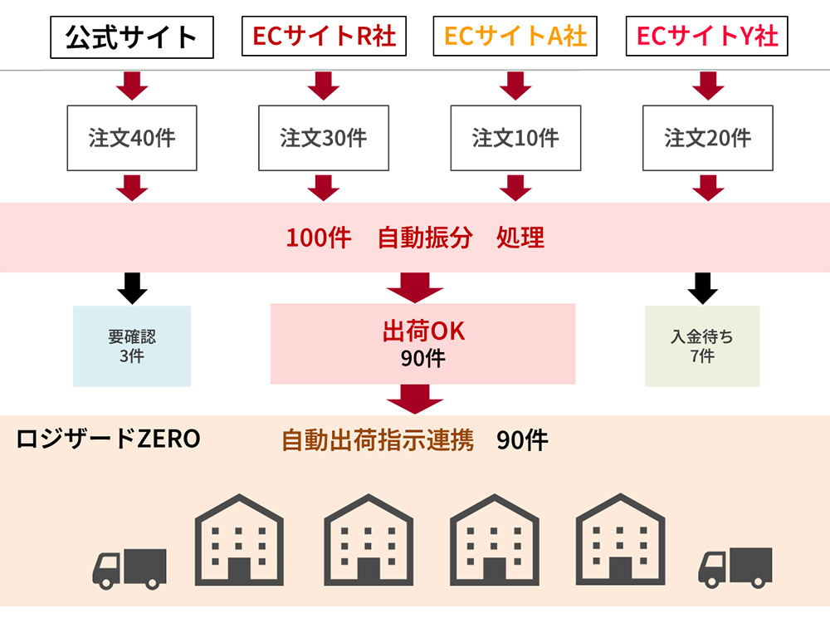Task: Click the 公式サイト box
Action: [x=131, y=37]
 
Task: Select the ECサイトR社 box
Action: [x=324, y=37]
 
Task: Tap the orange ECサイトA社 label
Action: [x=515, y=37]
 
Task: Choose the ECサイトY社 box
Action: [x=706, y=37]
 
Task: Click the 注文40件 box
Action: [x=132, y=138]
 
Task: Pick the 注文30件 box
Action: [x=324, y=138]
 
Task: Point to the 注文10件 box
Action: [x=515, y=138]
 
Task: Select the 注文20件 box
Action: [x=707, y=138]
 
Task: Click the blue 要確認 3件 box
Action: [x=132, y=346]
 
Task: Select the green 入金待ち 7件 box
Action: [x=702, y=346]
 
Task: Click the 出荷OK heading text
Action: [x=423, y=332]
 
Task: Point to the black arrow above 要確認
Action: [x=132, y=287]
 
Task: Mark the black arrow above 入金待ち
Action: [x=702, y=287]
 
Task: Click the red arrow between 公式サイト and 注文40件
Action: [x=132, y=86]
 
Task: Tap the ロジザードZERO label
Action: [x=108, y=439]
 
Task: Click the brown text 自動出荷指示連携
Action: [x=378, y=440]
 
